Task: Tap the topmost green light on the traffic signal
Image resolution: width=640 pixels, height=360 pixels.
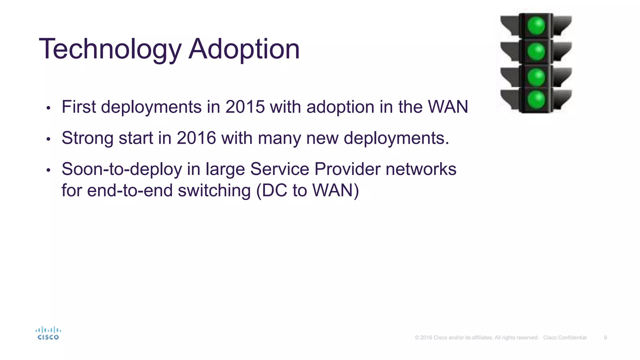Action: point(536,26)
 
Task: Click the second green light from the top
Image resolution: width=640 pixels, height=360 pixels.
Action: point(536,52)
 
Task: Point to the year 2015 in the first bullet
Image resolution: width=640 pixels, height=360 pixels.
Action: point(245,107)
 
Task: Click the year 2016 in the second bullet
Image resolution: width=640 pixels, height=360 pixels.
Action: point(196,138)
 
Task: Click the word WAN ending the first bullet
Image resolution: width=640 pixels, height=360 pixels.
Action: point(448,107)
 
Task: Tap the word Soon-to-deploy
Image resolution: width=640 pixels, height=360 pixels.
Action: point(122,169)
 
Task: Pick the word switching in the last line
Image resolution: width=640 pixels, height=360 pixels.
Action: point(214,191)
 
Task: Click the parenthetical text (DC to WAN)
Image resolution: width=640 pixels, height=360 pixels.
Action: point(307,191)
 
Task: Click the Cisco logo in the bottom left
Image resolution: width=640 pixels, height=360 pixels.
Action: point(48,333)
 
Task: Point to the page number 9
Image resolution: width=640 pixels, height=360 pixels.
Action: point(605,338)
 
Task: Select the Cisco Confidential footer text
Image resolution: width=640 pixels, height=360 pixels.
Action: point(565,338)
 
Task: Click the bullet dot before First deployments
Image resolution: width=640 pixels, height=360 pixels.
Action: point(48,108)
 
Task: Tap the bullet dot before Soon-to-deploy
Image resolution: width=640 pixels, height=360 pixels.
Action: point(48,170)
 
